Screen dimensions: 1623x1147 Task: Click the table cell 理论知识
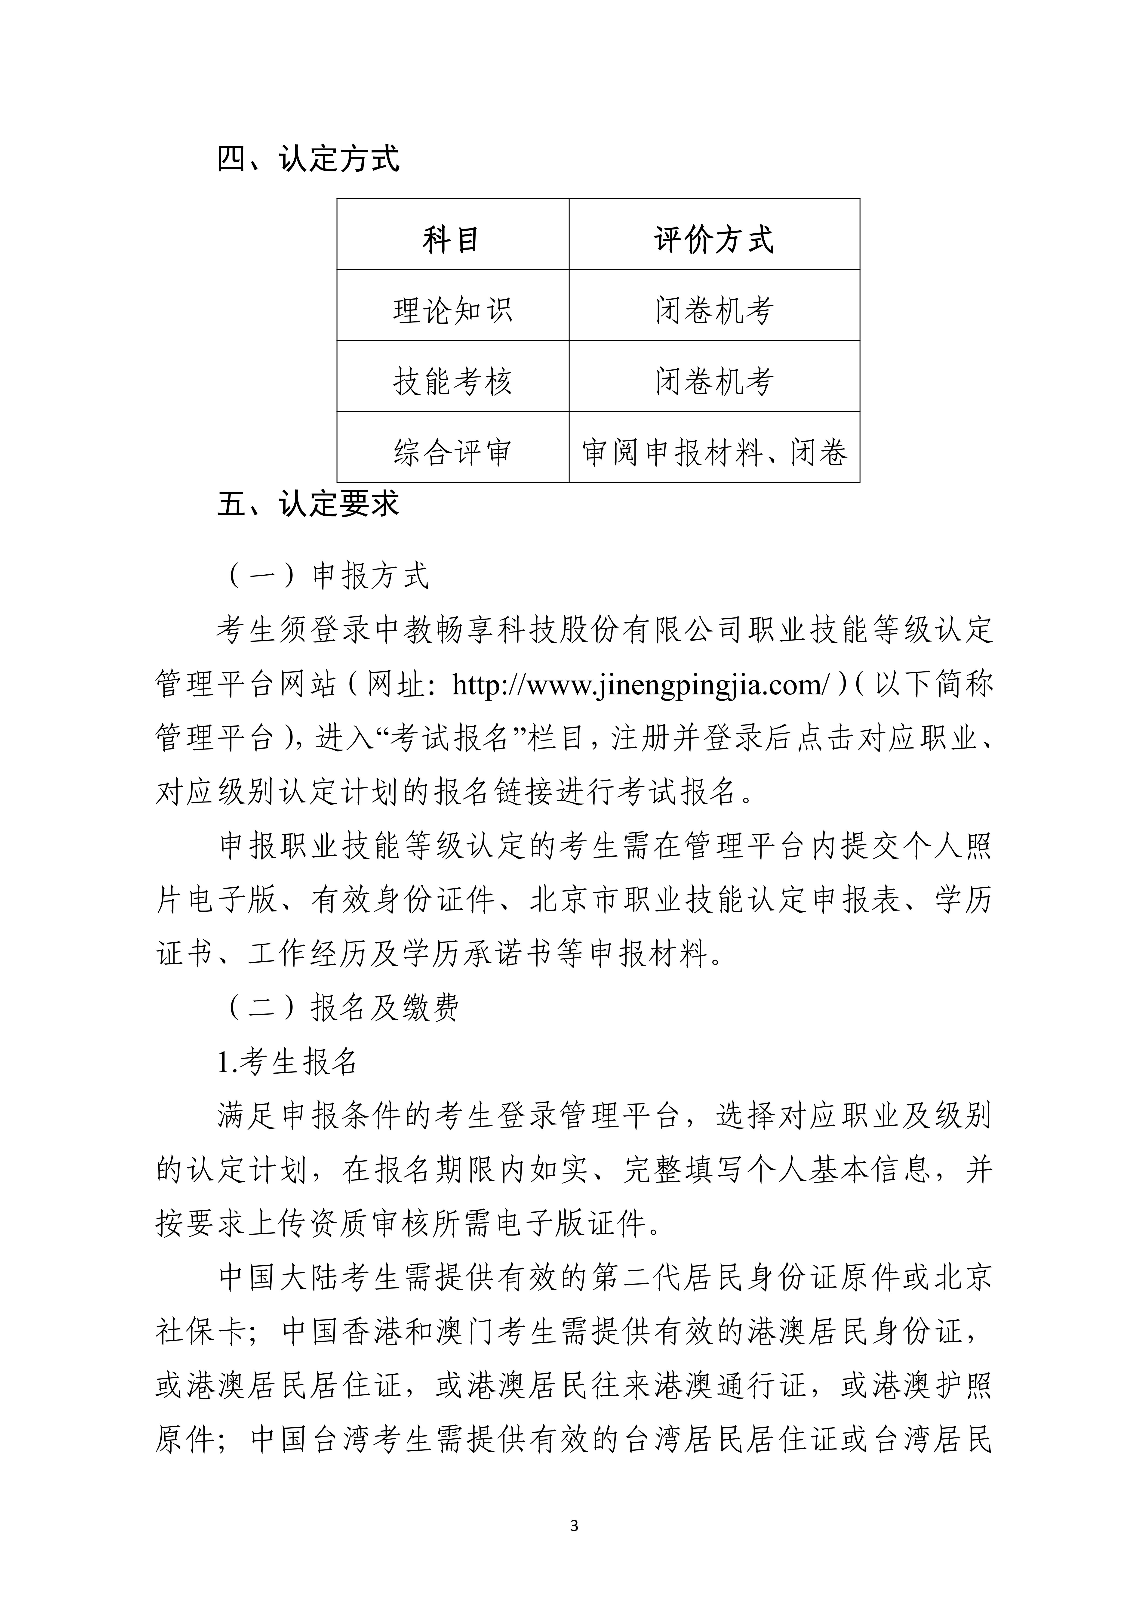[x=452, y=310]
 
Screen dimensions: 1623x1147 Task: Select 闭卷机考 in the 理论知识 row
[x=714, y=310]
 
